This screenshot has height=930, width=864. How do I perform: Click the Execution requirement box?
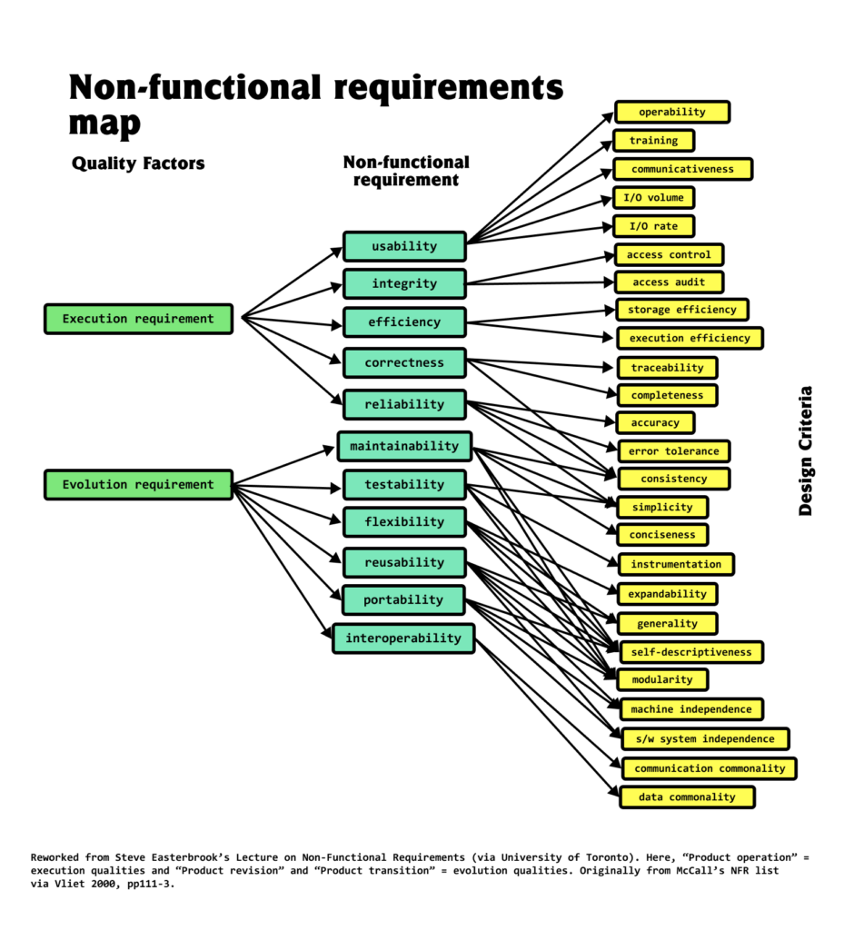[138, 319]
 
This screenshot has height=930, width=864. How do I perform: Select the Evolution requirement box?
[138, 484]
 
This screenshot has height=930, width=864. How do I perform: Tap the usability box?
[404, 246]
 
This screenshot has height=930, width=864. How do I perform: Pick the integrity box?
[404, 284]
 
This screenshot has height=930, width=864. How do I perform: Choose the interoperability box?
[403, 638]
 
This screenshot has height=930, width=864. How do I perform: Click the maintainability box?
[404, 446]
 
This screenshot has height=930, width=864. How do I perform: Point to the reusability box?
[404, 562]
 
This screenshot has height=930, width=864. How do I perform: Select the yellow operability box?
[671, 112]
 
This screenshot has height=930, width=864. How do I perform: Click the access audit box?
[669, 282]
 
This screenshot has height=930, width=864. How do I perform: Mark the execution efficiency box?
[690, 338]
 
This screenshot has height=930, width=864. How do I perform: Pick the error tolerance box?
[673, 450]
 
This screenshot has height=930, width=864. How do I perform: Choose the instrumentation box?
[676, 564]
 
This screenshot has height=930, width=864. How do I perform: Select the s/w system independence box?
[704, 738]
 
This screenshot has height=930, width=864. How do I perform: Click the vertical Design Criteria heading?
[805, 451]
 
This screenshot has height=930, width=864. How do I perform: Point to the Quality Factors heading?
[138, 163]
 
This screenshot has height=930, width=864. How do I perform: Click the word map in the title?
[104, 124]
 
